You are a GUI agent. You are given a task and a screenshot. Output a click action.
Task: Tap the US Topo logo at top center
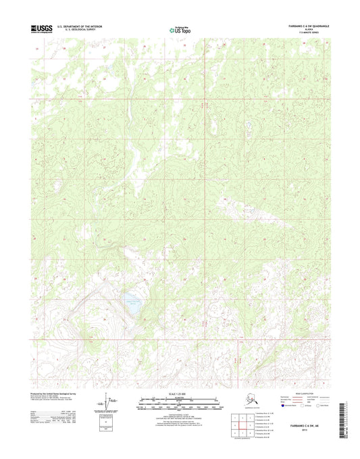[x=180, y=29]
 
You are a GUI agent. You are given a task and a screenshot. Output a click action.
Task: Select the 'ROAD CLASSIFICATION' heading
[x=295, y=392]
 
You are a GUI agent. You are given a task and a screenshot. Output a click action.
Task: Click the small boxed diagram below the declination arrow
[x=106, y=420]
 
